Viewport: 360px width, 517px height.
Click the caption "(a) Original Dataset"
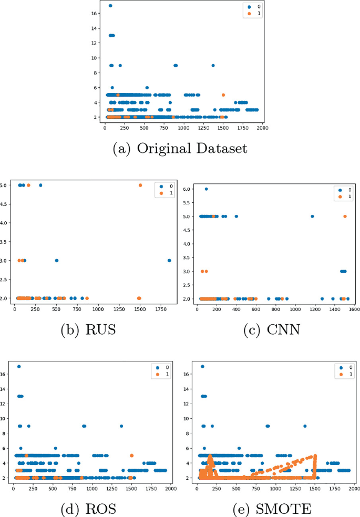pos(180,149)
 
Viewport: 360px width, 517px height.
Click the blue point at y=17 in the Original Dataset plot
pos(110,6)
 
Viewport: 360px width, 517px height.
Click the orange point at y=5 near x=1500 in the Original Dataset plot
pos(223,95)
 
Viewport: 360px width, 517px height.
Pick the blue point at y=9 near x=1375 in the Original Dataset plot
pos(213,65)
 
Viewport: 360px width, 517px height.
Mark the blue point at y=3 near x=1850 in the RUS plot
pos(169,261)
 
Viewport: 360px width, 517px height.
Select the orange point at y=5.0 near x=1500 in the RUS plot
pos(140,185)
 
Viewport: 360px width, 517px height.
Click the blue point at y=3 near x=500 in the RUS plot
pos(57,261)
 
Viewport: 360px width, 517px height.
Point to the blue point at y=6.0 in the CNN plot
pos(206,189)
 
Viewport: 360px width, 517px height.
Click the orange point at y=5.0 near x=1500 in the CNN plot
pos(345,216)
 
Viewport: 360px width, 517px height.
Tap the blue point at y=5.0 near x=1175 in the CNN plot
pos(312,216)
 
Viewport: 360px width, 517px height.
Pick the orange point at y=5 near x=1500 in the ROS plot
pos(131,456)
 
